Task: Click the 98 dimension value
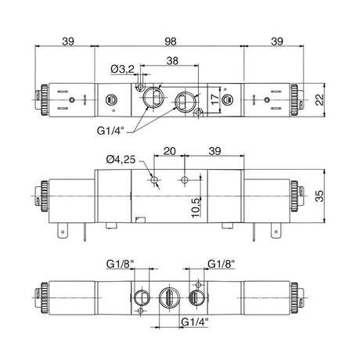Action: (171, 41)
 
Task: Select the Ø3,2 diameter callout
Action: (122, 69)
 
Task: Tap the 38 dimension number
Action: (172, 61)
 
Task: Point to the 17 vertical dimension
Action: (215, 99)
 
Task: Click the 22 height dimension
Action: (319, 99)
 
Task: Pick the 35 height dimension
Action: (319, 196)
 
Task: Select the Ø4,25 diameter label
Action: (121, 160)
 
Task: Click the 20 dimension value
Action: (169, 151)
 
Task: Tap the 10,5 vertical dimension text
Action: (196, 207)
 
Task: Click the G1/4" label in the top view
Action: (110, 131)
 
